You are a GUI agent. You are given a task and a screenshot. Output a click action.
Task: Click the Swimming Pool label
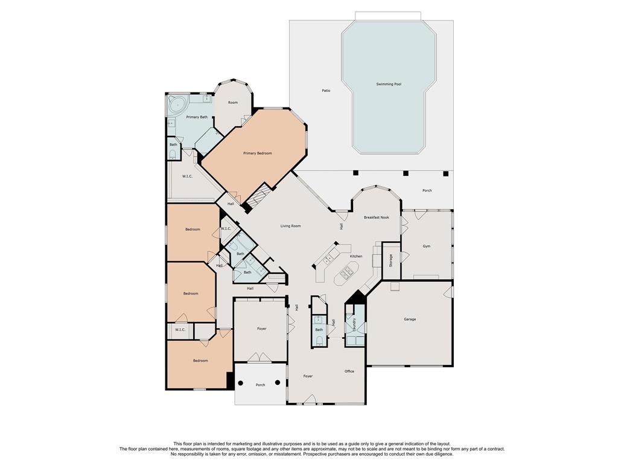point(389,84)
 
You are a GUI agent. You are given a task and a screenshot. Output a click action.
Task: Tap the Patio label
point(326,91)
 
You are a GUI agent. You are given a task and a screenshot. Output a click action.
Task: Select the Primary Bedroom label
point(257,153)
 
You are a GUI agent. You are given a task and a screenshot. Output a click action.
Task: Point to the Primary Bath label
point(197,117)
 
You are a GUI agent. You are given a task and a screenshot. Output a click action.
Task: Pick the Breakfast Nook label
point(377,217)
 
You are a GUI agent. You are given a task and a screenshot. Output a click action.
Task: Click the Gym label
point(427,246)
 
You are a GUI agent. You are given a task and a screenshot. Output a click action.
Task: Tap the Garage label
point(410,319)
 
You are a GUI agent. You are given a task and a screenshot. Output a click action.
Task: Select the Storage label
point(391,260)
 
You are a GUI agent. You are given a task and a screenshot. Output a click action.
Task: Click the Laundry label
point(355,324)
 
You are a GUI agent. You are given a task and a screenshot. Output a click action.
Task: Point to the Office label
point(349,372)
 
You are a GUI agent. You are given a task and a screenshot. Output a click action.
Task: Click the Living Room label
point(290,226)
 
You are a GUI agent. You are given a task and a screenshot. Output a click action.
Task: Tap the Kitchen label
point(356,256)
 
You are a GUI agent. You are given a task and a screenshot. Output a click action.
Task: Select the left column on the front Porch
point(240,382)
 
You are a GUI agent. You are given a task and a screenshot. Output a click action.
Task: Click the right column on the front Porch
point(278,382)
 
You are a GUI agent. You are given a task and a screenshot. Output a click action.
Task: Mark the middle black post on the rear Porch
point(406,173)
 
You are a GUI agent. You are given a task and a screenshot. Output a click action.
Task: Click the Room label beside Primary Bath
point(233,103)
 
